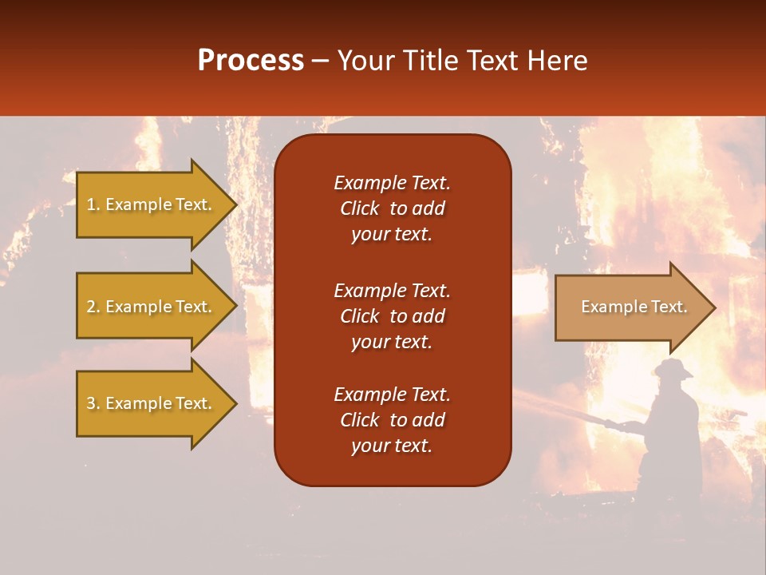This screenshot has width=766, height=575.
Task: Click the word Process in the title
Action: (251, 61)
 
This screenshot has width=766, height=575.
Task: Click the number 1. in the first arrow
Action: (93, 204)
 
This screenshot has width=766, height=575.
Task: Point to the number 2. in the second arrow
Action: (93, 307)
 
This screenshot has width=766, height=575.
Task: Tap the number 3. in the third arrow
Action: (93, 403)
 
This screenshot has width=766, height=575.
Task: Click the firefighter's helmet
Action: (673, 368)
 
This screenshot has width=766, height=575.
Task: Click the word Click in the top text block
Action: (359, 208)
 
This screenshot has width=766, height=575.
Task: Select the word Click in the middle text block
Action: (359, 316)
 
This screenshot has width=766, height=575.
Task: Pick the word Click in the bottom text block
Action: (359, 420)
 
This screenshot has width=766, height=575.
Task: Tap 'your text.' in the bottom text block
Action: (392, 446)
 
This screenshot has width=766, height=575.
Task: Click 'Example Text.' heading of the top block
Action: (392, 183)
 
